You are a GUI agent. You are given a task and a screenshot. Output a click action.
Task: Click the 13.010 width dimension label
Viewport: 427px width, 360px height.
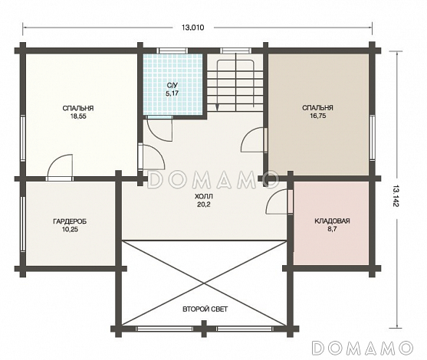pos(193,28)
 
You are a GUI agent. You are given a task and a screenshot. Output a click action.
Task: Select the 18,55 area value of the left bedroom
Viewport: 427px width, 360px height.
pos(78,116)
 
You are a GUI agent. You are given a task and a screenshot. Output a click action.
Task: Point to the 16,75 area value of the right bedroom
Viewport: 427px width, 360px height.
pos(317,116)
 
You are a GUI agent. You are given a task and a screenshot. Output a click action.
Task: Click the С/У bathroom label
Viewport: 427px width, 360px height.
pos(172,85)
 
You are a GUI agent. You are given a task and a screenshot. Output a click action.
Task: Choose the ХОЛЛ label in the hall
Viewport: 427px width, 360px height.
pos(204,196)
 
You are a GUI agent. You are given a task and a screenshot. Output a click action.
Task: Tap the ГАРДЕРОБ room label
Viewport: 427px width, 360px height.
pos(70,221)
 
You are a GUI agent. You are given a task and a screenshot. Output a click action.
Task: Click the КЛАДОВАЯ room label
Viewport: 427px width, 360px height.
pos(332,221)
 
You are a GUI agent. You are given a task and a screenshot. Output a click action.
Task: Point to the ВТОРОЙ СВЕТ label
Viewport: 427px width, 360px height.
pos(205,309)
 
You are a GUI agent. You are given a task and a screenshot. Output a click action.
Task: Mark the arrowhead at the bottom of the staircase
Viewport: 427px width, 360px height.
pos(217,107)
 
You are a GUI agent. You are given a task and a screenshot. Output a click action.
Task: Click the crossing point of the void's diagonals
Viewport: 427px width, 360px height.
pos(204,283)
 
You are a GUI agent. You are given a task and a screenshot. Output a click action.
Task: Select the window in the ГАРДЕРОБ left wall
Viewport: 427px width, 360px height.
pos(23,223)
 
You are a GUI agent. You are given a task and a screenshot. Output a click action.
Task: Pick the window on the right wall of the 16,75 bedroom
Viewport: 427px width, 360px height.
pos(372,137)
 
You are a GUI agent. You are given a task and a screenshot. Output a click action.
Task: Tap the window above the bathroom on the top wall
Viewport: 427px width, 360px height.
pos(172,51)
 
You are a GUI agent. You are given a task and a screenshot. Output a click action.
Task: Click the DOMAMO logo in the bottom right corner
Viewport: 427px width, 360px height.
pos(363,348)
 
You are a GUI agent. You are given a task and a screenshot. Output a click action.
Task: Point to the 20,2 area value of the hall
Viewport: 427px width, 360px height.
pos(204,205)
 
